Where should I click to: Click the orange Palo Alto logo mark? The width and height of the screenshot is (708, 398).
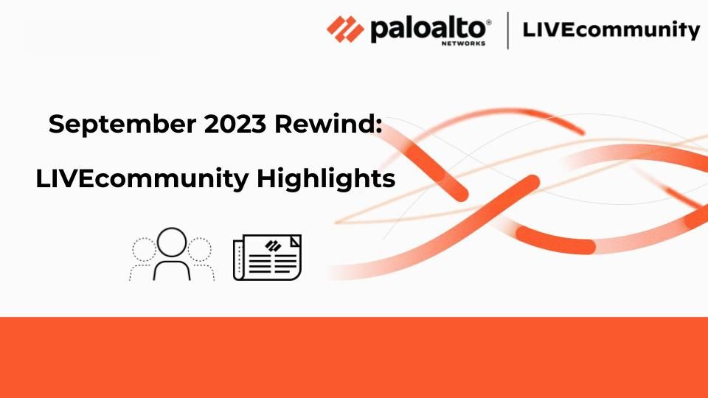(345, 29)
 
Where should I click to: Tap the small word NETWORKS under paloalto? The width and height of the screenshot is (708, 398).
(463, 43)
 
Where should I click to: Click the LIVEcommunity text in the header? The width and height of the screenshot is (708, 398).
(611, 29)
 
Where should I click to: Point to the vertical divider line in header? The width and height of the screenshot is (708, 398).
(508, 30)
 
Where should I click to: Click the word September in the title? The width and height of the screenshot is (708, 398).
(122, 124)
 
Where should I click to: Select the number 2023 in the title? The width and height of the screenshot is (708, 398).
(235, 124)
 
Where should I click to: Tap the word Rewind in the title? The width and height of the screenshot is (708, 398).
(324, 123)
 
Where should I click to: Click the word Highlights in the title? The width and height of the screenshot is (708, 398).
(326, 178)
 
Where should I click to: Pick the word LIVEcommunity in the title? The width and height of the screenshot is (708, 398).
(142, 178)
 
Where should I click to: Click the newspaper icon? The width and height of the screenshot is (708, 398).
(267, 257)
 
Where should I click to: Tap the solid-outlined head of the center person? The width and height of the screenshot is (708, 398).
(172, 242)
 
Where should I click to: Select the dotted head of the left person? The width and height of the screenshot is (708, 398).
(144, 250)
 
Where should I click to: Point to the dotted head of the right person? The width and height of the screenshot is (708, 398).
(200, 250)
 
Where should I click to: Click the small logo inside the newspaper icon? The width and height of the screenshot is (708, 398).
(273, 245)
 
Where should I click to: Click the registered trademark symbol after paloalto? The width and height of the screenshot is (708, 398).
(488, 22)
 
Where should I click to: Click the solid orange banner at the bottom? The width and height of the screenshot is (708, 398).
(354, 357)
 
